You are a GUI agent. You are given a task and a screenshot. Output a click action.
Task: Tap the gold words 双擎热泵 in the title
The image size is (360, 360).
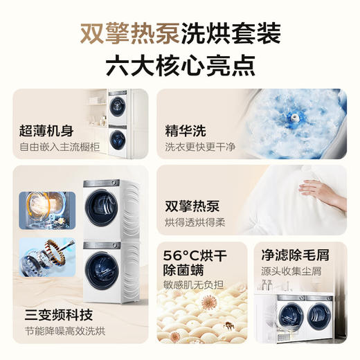[129, 33]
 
